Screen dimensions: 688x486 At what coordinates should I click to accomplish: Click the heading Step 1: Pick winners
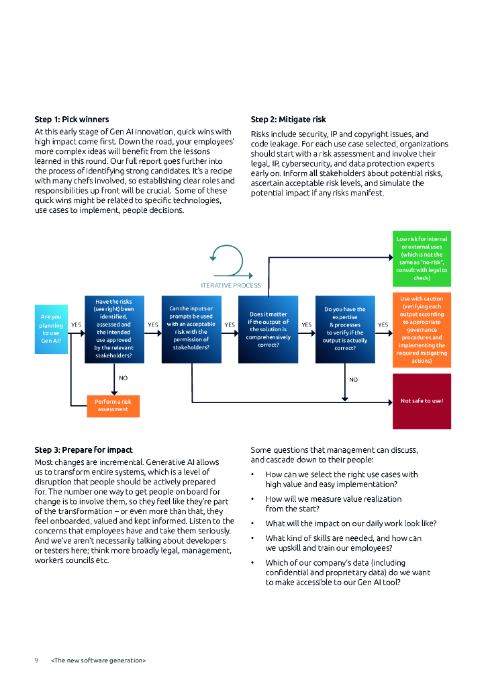[x=72, y=120]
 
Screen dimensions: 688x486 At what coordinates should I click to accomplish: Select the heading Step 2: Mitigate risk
[x=288, y=120]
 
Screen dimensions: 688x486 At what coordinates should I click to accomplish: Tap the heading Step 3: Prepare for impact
[x=83, y=449]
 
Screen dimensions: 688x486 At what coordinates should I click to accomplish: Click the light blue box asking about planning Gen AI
[x=51, y=329]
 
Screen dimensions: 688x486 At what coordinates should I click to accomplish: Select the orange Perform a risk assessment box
[x=113, y=405]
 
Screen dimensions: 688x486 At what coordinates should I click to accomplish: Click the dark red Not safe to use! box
[x=422, y=401]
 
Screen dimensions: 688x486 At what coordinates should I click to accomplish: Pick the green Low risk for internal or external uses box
[x=422, y=259]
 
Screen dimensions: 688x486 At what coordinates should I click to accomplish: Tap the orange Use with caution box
[x=422, y=329]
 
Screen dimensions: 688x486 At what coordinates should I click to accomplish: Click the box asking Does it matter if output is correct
[x=268, y=329]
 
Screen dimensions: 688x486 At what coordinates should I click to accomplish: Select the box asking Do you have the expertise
[x=344, y=329]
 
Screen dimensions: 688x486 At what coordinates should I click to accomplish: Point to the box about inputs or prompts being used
[x=191, y=329]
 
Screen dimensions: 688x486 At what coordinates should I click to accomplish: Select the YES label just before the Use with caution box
[x=383, y=325]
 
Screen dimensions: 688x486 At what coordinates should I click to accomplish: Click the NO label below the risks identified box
[x=124, y=378]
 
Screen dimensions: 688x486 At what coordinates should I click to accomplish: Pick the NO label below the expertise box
[x=354, y=380]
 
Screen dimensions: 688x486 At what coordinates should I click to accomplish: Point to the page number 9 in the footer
[x=36, y=660]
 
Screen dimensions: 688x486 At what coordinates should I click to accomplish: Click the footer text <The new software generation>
[x=98, y=660]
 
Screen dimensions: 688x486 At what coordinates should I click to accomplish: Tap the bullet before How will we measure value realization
[x=252, y=499]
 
